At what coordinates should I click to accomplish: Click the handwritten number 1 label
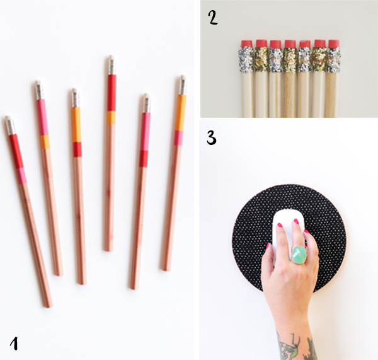pyautogui.click(x=14, y=344)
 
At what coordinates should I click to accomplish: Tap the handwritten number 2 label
pyautogui.click(x=213, y=18)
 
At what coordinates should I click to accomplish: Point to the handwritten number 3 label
pyautogui.click(x=212, y=137)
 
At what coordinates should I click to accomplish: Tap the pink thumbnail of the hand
pyautogui.click(x=268, y=247)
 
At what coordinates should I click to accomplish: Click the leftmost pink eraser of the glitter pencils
pyautogui.click(x=246, y=44)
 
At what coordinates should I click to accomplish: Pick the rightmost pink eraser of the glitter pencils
pyautogui.click(x=334, y=44)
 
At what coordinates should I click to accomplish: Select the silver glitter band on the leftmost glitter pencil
pyautogui.click(x=246, y=59)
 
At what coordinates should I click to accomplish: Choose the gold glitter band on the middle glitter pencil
pyautogui.click(x=290, y=60)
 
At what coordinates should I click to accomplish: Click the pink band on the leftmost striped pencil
pyautogui.click(x=21, y=176)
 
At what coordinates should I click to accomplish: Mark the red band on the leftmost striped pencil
pyautogui.click(x=16, y=151)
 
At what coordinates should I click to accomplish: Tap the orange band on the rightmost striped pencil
pyautogui.click(x=181, y=113)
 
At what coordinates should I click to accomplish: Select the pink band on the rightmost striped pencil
pyautogui.click(x=179, y=138)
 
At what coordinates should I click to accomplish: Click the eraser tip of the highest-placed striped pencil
pyautogui.click(x=111, y=57)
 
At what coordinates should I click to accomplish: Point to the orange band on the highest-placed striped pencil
pyautogui.click(x=112, y=118)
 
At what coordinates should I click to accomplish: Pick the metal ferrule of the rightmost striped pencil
pyautogui.click(x=183, y=86)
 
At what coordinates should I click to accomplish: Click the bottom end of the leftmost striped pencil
pyautogui.click(x=49, y=306)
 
